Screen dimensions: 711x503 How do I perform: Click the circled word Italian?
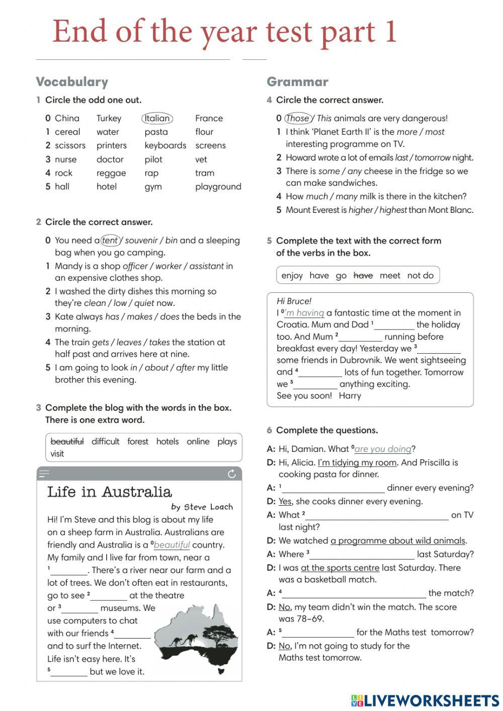157,118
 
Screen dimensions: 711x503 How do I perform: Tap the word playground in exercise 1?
218,187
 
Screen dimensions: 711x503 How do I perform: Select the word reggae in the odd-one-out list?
111,173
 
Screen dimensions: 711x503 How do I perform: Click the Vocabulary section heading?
72,82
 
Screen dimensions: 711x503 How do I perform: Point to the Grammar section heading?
297,82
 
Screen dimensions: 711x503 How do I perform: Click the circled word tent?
110,241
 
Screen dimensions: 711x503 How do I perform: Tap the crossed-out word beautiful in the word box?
67,442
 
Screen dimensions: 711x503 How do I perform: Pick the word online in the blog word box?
198,442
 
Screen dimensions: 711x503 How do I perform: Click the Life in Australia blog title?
110,492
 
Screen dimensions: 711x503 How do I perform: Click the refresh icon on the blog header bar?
232,474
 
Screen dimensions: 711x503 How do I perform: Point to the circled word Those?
298,119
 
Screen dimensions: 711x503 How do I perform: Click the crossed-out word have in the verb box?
363,276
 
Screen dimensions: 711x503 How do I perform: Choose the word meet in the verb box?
390,276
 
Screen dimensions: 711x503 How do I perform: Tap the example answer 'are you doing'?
383,449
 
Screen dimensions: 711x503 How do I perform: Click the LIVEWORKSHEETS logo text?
431,701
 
